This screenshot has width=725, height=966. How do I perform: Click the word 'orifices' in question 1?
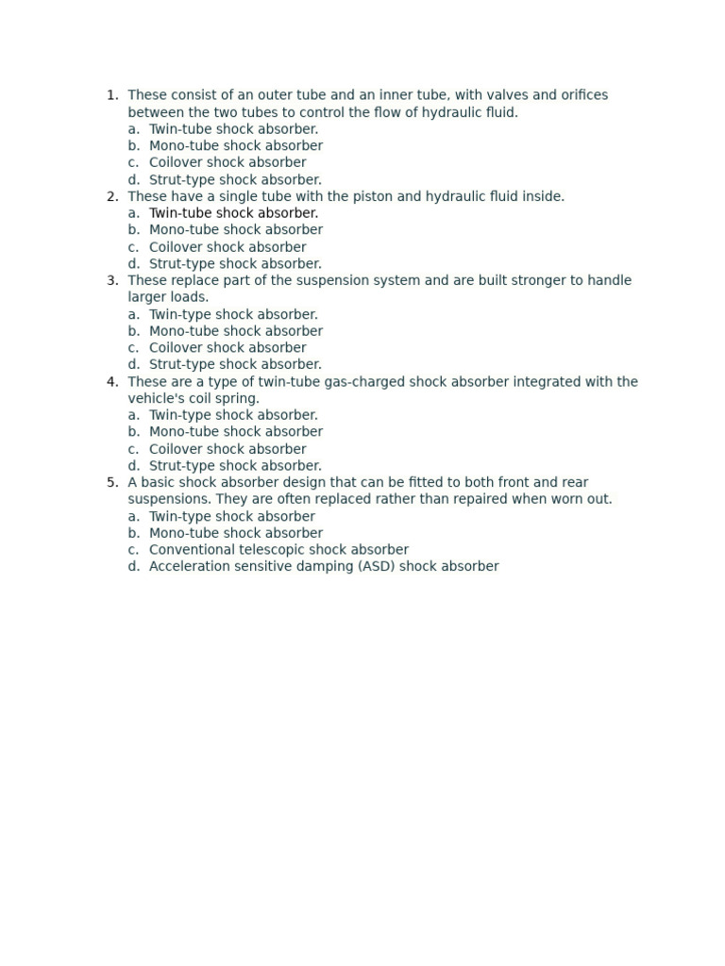click(582, 95)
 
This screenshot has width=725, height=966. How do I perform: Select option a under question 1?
click(233, 129)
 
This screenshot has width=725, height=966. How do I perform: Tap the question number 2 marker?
click(112, 196)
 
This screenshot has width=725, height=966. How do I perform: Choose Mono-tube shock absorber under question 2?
click(235, 230)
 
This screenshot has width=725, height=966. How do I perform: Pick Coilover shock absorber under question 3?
click(228, 348)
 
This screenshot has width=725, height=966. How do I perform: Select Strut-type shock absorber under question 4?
click(235, 466)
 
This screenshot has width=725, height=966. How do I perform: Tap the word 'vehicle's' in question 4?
click(157, 399)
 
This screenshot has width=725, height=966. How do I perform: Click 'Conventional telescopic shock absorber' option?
click(278, 550)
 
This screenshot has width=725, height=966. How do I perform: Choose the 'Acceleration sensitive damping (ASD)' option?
click(323, 567)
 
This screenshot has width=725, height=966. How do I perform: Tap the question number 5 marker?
click(112, 482)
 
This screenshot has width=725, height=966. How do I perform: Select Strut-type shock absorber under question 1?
click(235, 180)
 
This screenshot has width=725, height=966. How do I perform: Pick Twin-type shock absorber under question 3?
click(233, 315)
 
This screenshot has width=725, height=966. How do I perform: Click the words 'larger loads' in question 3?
click(168, 297)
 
